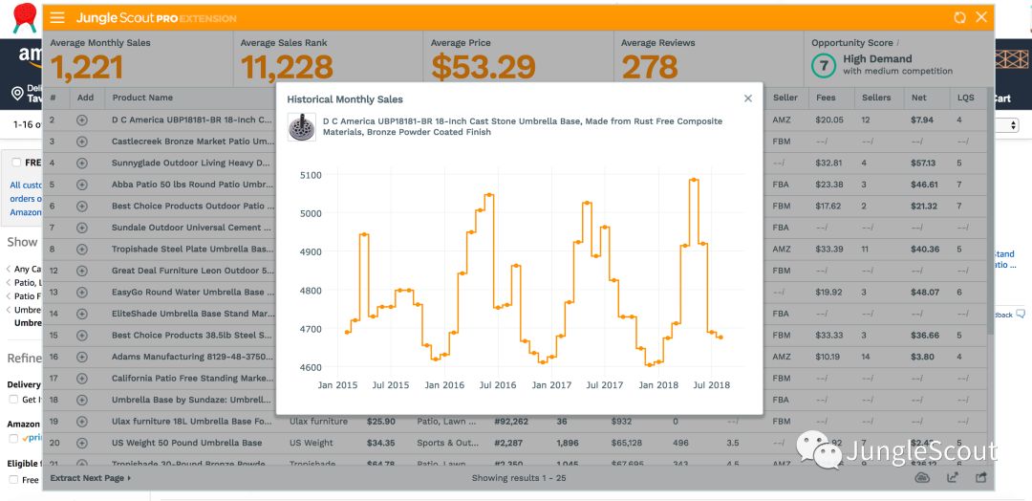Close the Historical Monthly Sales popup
748,98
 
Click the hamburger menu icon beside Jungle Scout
57,18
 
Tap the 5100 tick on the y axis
311,175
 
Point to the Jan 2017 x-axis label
551,385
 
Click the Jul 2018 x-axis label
711,385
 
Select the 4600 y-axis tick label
311,367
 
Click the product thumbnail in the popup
301,127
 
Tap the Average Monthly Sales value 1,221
87,67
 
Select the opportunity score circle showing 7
823,65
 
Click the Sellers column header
875,98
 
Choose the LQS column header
966,98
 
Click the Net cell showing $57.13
922,163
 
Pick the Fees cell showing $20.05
828,120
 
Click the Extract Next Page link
91,478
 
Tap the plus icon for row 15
82,336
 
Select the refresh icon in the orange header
959,18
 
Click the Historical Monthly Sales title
345,99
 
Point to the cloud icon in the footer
922,478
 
